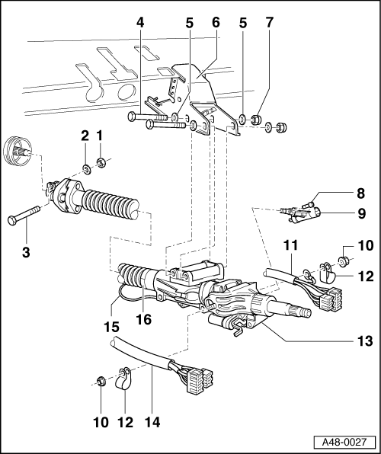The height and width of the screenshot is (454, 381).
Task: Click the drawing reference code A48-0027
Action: click(x=344, y=443)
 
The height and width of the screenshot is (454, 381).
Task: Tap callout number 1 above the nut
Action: click(x=100, y=136)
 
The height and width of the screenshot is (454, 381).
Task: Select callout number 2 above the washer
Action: click(x=85, y=136)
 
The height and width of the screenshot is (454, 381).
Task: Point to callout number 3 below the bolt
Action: click(x=26, y=252)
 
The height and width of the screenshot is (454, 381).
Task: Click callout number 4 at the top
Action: click(x=140, y=22)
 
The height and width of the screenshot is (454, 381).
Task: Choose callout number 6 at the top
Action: click(x=216, y=22)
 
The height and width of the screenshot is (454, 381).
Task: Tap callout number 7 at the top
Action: click(x=270, y=22)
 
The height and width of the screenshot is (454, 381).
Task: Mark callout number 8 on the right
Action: click(x=360, y=193)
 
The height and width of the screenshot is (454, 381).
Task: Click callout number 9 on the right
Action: click(x=362, y=214)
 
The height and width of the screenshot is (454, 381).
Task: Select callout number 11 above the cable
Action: click(x=290, y=245)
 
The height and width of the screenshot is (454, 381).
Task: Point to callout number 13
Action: click(x=365, y=340)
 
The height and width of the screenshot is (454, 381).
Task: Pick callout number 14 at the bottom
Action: click(x=152, y=423)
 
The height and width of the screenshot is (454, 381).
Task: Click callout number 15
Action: click(x=111, y=327)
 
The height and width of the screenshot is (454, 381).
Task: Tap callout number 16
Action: click(x=144, y=319)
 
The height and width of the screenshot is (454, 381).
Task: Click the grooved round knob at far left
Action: click(x=17, y=151)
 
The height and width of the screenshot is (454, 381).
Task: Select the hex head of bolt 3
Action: click(x=13, y=220)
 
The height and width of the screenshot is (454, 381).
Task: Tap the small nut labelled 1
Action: click(x=101, y=163)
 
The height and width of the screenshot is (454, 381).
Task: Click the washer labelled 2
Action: click(x=86, y=169)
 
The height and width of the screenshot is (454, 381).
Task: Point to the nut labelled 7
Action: click(x=255, y=120)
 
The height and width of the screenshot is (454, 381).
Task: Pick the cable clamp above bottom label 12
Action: click(x=122, y=378)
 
